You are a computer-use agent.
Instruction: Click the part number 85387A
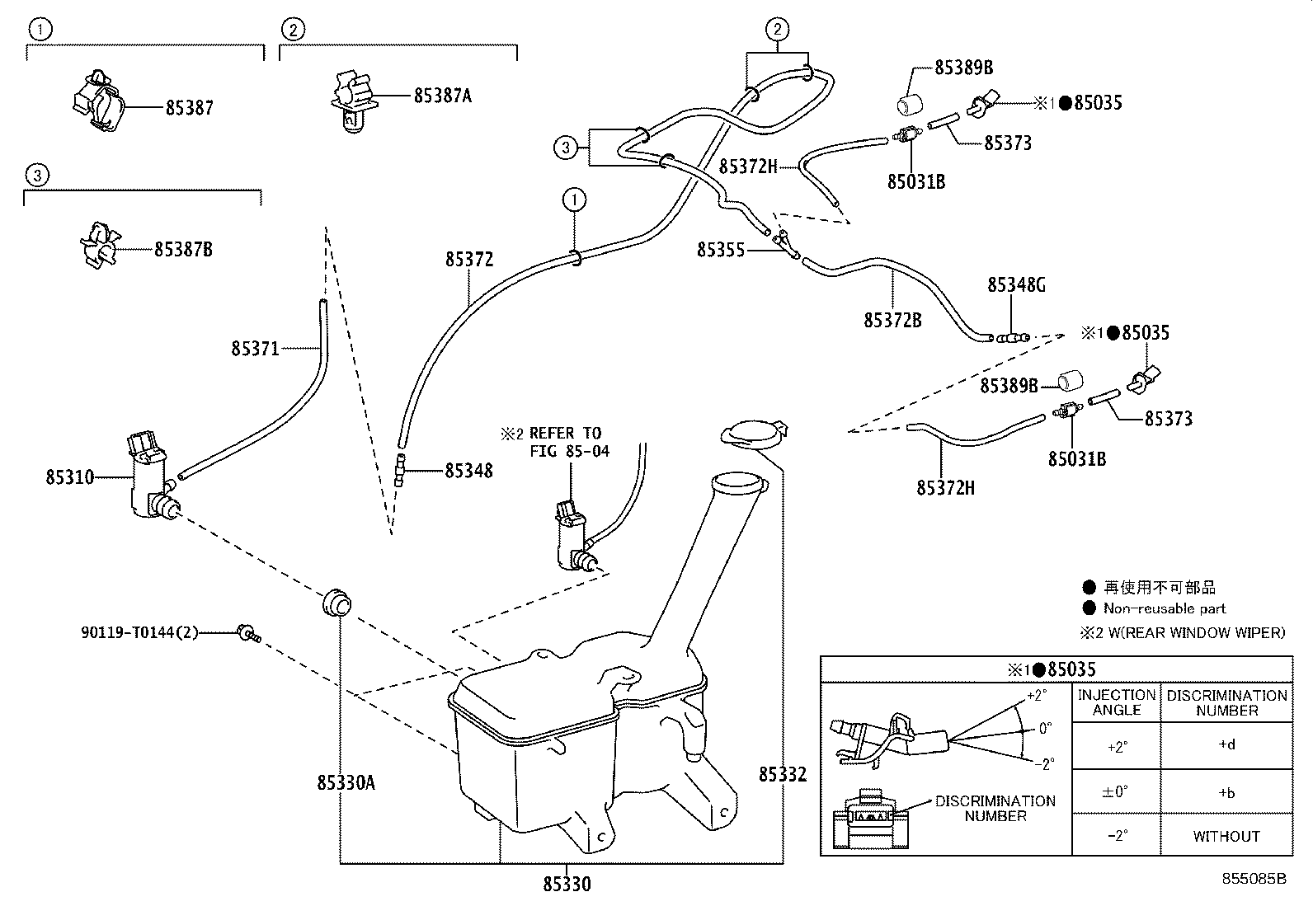(443, 96)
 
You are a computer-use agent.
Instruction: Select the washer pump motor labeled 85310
(150, 478)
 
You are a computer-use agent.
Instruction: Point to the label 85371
(255, 349)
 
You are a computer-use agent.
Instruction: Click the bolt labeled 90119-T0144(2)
(247, 633)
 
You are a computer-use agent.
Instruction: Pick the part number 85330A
(346, 782)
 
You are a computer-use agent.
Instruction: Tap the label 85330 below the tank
(567, 884)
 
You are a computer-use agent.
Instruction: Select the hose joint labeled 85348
(402, 470)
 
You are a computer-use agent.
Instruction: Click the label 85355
(720, 249)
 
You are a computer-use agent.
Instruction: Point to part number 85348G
(1016, 285)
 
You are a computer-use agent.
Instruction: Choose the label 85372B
(892, 320)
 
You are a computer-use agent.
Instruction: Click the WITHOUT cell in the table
(1226, 836)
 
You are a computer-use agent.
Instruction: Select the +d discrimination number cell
(1226, 745)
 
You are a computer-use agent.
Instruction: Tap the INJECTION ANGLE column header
(1116, 702)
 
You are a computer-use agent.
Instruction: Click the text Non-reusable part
(1165, 608)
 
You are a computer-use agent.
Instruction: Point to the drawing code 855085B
(1254, 879)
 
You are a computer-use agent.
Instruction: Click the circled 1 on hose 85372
(574, 199)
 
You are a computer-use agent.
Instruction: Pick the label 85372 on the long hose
(469, 259)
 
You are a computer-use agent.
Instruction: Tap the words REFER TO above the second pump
(566, 433)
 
